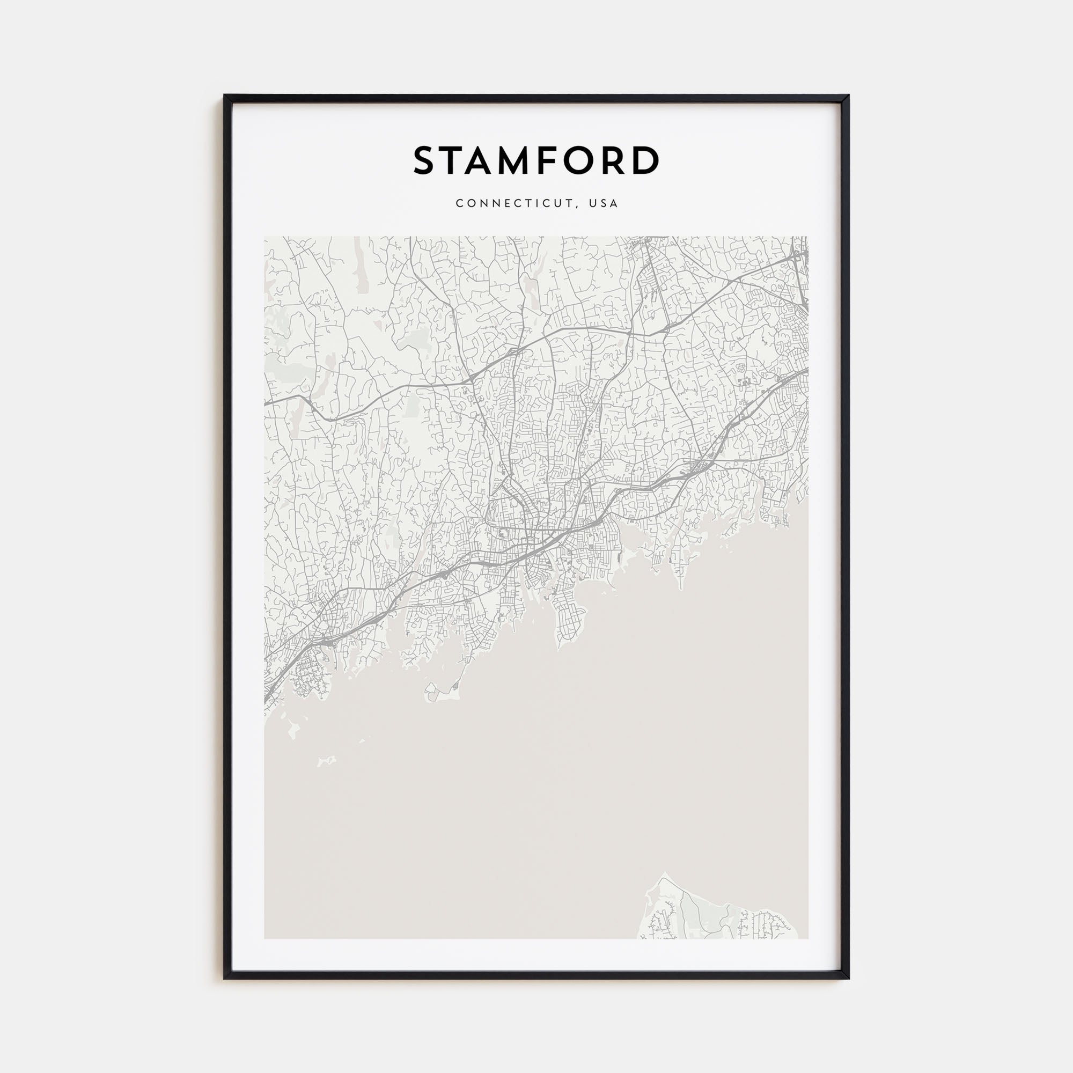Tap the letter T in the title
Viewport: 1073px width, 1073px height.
point(457,160)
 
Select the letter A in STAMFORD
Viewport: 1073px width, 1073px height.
point(487,160)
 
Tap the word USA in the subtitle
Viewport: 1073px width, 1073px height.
point(604,203)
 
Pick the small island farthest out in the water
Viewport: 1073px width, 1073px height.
point(327,760)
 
